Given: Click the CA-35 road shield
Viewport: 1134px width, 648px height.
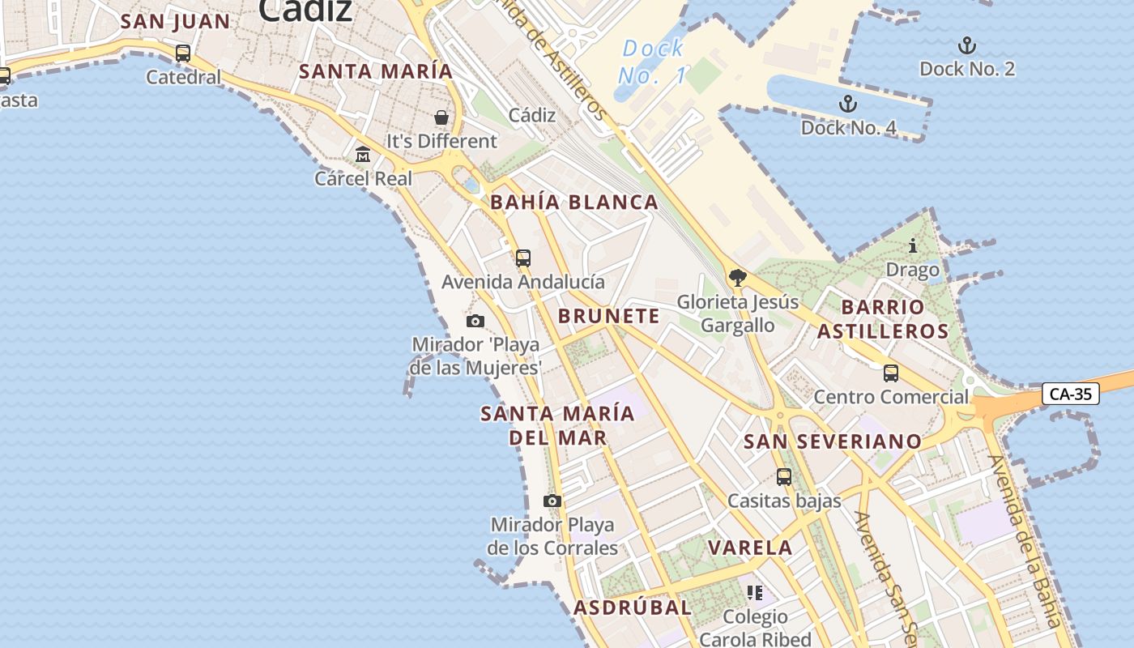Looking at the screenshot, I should click(x=1070, y=394).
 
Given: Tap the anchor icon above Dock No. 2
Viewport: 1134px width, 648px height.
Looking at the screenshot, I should click(x=966, y=45).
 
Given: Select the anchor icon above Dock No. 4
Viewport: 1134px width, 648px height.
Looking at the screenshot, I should click(x=847, y=104).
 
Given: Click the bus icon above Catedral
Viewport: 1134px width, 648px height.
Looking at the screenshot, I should click(x=183, y=53).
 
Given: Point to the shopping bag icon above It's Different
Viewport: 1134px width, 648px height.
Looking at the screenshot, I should click(x=441, y=117).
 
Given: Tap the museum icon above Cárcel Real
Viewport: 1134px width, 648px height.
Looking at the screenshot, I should click(x=363, y=154).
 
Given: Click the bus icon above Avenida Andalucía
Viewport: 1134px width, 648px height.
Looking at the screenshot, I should click(x=523, y=258).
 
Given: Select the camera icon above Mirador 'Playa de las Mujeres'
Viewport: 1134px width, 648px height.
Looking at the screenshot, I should click(x=475, y=321).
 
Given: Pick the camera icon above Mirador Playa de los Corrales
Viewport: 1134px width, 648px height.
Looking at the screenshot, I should click(x=552, y=501).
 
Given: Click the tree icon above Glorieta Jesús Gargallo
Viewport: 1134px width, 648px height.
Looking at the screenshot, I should click(x=737, y=278).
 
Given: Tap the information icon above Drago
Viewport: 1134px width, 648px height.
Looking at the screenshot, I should click(x=913, y=245).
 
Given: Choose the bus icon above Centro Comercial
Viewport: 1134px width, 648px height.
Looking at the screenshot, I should click(x=891, y=373).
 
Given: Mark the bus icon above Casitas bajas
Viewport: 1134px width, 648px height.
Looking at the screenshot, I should click(x=784, y=477).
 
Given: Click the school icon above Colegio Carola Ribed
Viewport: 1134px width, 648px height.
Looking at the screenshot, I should click(x=755, y=593).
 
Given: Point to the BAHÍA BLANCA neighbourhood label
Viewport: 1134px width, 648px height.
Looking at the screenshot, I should click(x=574, y=202).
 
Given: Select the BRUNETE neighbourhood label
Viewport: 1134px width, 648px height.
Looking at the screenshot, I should click(x=609, y=316).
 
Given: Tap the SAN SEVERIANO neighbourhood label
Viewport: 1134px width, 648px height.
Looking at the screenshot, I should click(x=833, y=441).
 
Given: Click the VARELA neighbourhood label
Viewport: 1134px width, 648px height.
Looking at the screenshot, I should click(x=750, y=548).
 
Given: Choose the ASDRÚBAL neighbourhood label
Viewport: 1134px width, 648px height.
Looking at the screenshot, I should click(x=633, y=607).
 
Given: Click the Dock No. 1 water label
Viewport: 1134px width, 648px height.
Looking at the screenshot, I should click(x=653, y=62).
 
